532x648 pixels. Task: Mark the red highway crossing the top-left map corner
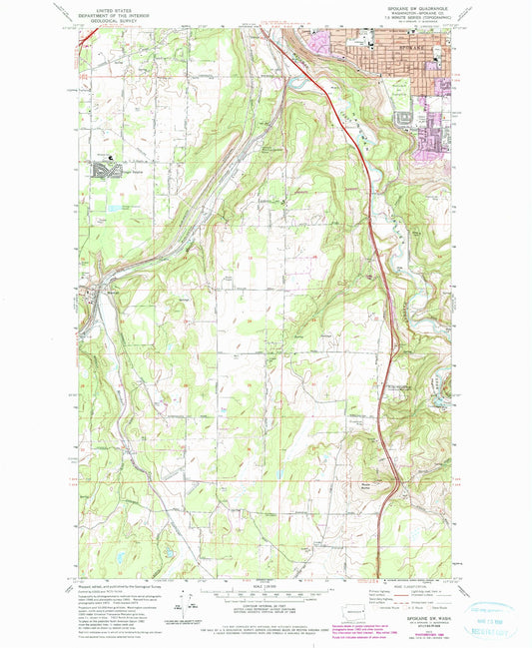tap(86, 36)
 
